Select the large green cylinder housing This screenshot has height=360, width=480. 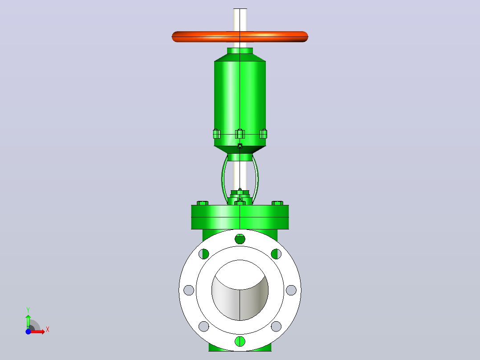pyautogui.click(x=240, y=101)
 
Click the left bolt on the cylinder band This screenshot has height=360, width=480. pyautogui.click(x=216, y=134)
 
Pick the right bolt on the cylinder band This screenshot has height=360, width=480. pyautogui.click(x=263, y=134)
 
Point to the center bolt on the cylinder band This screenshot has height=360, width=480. pyautogui.click(x=240, y=134)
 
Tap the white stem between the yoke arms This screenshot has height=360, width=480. pyautogui.click(x=240, y=175)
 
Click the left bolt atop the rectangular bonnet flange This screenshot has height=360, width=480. pyautogui.click(x=202, y=203)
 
